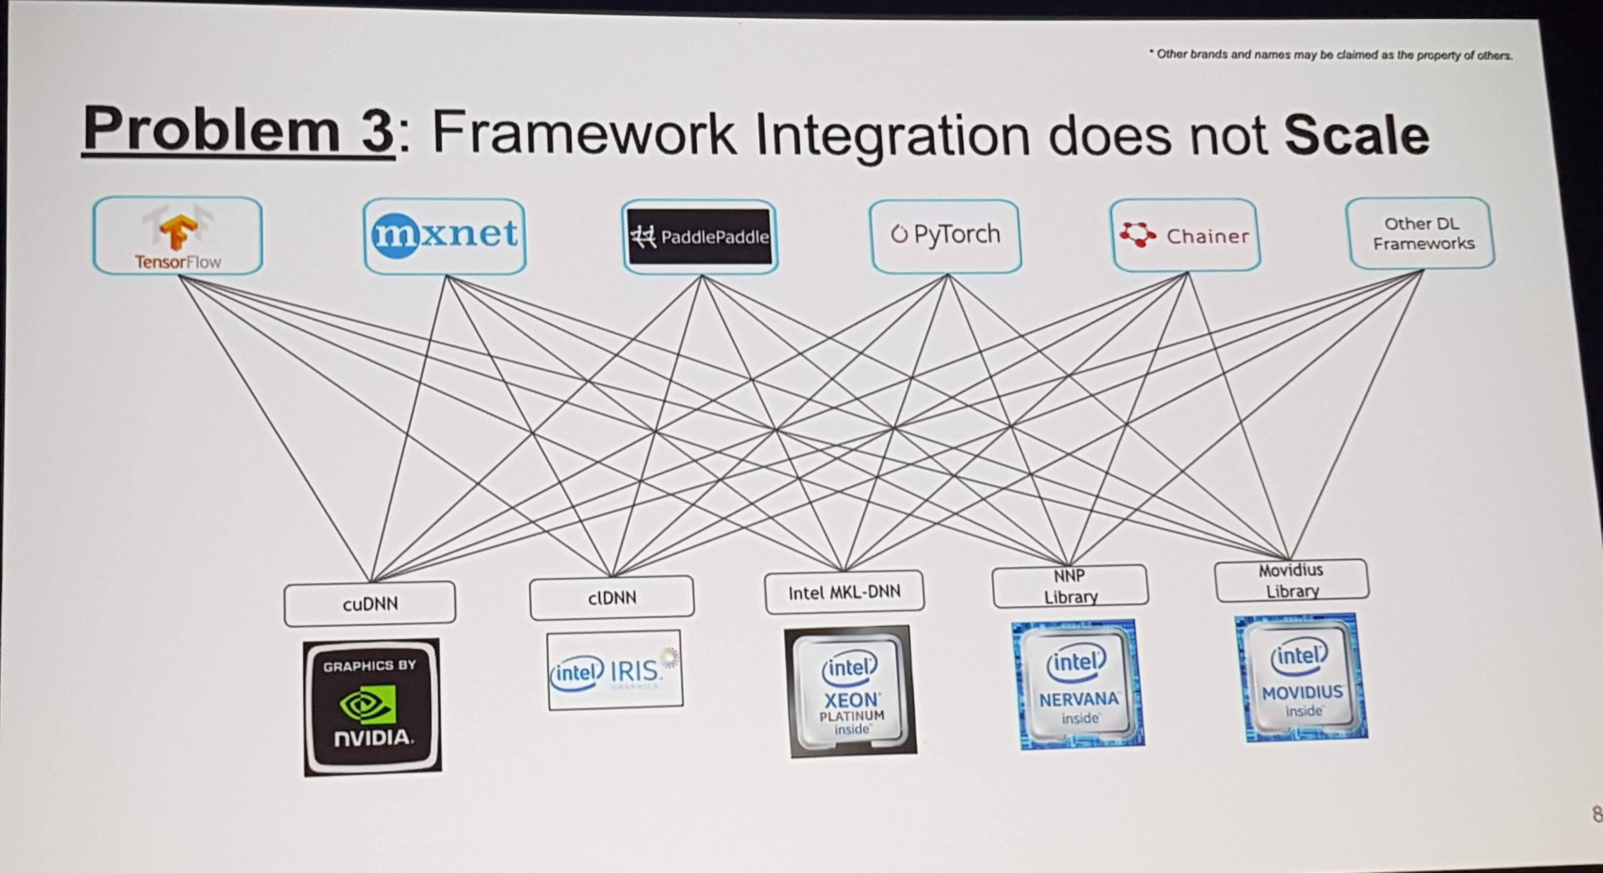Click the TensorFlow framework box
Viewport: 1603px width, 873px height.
pos(177,236)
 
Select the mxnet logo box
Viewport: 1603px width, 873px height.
pos(444,236)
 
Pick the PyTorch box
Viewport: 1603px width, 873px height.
pos(945,235)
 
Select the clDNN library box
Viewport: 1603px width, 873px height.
pos(612,597)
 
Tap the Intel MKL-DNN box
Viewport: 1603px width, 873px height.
pos(844,592)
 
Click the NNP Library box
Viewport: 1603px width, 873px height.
pos(1070,586)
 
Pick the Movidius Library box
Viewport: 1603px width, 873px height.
pos(1291,580)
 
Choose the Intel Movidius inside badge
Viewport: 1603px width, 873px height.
pos(1302,678)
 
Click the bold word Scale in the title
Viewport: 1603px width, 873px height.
pos(1357,135)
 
